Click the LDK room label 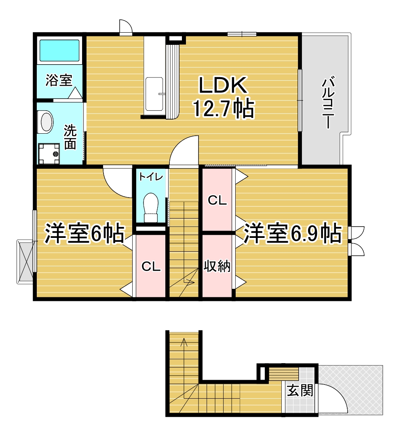(x=222, y=85)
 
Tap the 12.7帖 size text (x=223, y=108)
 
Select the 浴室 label (x=59, y=80)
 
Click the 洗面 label (x=70, y=137)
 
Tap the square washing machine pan (x=49, y=153)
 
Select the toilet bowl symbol (x=151, y=206)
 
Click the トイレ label (x=151, y=177)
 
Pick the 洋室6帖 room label (x=84, y=233)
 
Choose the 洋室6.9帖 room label (x=292, y=233)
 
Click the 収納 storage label (x=217, y=267)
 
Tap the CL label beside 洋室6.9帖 (x=217, y=201)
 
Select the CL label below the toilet (x=151, y=267)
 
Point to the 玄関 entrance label (x=300, y=391)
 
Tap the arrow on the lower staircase (x=184, y=343)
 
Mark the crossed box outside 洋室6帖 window (x=25, y=261)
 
